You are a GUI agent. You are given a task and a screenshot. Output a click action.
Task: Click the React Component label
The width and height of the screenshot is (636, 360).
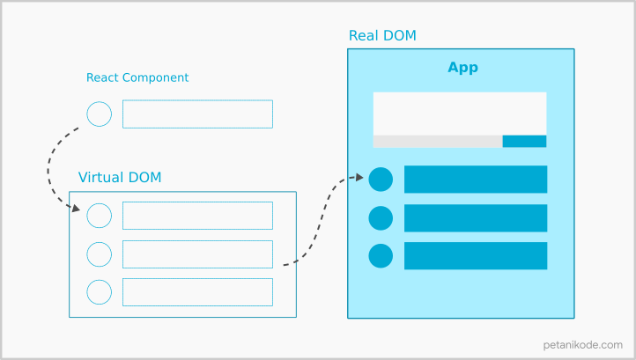pos(137,77)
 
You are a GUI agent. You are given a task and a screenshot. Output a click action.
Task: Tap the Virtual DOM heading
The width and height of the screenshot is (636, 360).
pos(120,177)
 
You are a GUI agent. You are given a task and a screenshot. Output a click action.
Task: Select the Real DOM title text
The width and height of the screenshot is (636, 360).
pos(382,35)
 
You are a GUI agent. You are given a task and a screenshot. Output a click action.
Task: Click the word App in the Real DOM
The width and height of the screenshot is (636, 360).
pos(462,68)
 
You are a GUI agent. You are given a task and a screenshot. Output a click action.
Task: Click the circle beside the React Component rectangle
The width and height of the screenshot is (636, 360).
pos(100,114)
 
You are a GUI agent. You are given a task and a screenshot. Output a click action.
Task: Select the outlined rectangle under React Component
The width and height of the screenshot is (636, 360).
pos(197,114)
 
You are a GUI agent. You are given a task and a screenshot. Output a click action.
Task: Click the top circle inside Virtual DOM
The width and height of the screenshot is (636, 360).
pos(100,216)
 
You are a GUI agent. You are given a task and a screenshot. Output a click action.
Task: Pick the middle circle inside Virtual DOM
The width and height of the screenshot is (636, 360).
pos(100,254)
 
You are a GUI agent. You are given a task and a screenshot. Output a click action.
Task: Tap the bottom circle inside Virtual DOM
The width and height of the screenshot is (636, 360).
pos(100,291)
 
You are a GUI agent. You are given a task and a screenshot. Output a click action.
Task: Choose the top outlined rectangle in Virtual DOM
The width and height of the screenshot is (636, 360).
pos(197,216)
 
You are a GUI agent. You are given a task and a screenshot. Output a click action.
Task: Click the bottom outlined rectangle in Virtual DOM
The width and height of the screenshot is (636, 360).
pos(197,291)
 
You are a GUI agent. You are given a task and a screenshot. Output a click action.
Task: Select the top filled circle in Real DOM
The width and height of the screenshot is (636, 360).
pos(381,180)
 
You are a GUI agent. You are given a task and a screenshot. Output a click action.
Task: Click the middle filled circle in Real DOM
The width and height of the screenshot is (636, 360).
pos(381,218)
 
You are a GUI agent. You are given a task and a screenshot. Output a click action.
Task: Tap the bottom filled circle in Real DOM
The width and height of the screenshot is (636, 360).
pos(381,256)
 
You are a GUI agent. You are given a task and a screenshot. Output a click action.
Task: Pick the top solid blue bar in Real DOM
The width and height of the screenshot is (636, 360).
pos(476,180)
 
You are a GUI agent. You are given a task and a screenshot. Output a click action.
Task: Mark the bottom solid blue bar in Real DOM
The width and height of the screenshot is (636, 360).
pos(476,256)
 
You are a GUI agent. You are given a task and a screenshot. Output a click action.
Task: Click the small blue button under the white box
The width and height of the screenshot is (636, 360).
pos(524,141)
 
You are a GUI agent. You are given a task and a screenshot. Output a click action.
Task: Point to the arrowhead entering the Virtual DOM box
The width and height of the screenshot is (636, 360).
pos(75,209)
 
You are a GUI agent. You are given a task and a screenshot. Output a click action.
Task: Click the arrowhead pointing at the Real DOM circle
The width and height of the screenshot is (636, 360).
pos(359,177)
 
